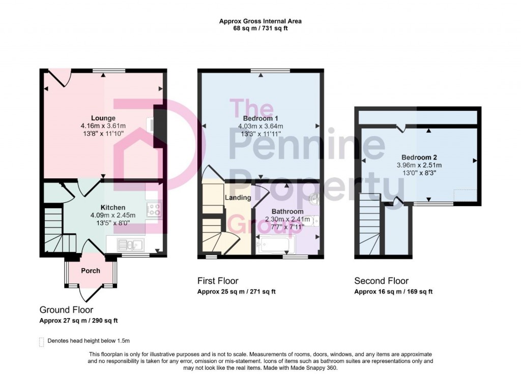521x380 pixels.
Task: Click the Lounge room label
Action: [x=103, y=118]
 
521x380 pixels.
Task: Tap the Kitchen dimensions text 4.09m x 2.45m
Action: [x=113, y=215]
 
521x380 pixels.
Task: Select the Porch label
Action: [x=91, y=271]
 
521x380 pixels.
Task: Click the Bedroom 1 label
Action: [x=260, y=118]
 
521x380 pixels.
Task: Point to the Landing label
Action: [x=238, y=198]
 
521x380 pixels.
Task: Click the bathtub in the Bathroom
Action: [x=275, y=244]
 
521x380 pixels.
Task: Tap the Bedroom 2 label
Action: [x=419, y=157]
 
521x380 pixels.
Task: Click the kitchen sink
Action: [x=130, y=245]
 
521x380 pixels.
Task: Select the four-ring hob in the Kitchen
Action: [x=154, y=210]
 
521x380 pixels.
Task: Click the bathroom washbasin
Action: [x=314, y=199]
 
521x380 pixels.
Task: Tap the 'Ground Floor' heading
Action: [x=66, y=310]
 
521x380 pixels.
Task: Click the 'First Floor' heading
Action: [x=218, y=281]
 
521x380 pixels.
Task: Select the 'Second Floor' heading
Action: [x=381, y=281]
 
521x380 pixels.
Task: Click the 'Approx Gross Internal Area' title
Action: [x=260, y=21]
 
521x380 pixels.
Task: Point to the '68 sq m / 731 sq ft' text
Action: [x=260, y=28]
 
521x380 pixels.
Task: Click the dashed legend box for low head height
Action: [x=42, y=342]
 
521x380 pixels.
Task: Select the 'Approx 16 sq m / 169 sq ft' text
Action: [x=393, y=292]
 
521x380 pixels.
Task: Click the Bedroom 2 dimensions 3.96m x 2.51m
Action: [x=419, y=165]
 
